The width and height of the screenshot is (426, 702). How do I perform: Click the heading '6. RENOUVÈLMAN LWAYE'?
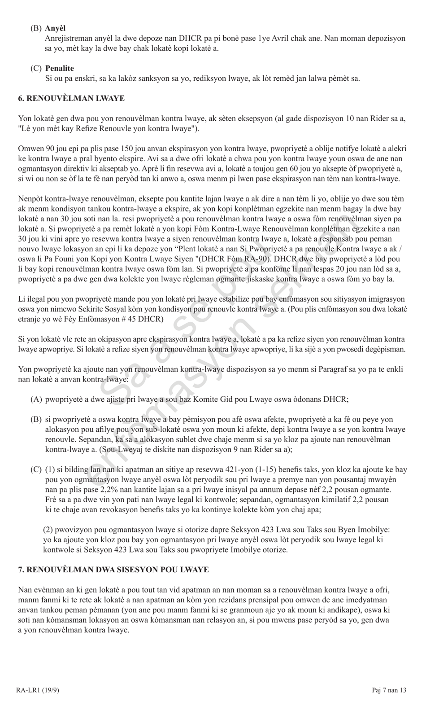coord(71,98)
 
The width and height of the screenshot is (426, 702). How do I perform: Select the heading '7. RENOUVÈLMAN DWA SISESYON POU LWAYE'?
coord(113,570)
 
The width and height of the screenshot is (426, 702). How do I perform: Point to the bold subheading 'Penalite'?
coord(60,68)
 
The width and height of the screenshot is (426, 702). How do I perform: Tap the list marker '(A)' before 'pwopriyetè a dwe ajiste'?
coord(36,399)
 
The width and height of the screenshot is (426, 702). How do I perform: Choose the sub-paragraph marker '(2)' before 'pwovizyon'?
coord(49,530)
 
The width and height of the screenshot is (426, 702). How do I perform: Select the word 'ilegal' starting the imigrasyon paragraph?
coord(35,299)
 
